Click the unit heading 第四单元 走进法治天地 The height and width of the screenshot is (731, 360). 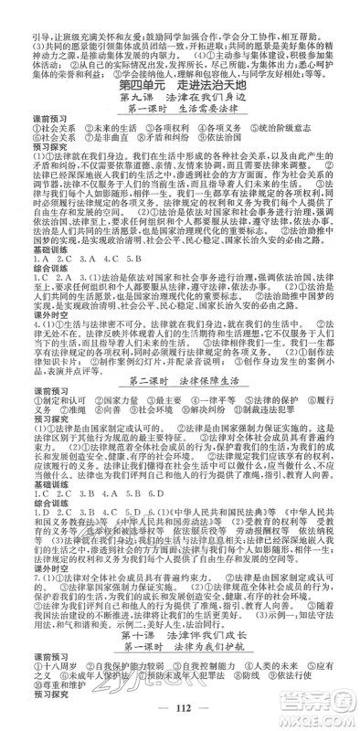(179, 86)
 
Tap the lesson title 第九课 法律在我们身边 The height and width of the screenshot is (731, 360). (179, 99)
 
